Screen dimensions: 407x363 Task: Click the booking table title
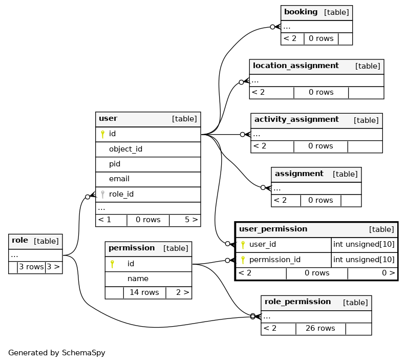[301, 12]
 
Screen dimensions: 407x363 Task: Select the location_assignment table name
[295, 66]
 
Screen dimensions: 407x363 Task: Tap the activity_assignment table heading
[296, 120]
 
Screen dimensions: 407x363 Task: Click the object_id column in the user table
[125, 150]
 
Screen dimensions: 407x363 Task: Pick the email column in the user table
[119, 179]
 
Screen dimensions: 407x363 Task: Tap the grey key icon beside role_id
[103, 194]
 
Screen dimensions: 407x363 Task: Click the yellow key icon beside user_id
[243, 245]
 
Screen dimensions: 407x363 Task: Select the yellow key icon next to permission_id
[243, 260]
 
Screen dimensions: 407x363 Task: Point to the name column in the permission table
[138, 279]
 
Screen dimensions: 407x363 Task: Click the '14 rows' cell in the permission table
[144, 293]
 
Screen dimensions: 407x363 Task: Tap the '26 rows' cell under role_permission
[320, 329]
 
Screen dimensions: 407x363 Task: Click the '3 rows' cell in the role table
[31, 267]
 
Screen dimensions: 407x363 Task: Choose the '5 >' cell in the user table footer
[191, 220]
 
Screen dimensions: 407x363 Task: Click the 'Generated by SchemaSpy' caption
[57, 353]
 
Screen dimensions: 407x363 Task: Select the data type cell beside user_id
[363, 245]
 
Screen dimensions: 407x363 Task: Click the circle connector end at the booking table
[272, 27]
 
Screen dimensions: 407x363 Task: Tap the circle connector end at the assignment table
[263, 187]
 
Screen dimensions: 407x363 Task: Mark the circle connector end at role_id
[88, 197]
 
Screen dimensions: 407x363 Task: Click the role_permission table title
[298, 302]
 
